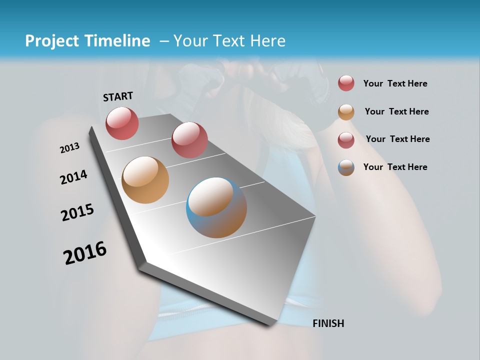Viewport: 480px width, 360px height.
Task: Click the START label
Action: pyautogui.click(x=118, y=96)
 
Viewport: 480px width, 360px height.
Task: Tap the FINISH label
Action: pyautogui.click(x=328, y=323)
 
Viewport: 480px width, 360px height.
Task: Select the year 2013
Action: pyautogui.click(x=70, y=148)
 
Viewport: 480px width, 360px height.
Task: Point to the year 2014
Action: pyautogui.click(x=74, y=177)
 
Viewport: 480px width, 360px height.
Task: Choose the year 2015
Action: pyautogui.click(x=77, y=212)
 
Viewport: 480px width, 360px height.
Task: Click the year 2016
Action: pyautogui.click(x=85, y=253)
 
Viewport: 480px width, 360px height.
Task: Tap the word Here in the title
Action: pyautogui.click(x=268, y=41)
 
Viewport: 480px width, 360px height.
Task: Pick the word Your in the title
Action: pyautogui.click(x=190, y=41)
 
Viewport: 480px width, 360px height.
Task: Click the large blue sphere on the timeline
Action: pyautogui.click(x=216, y=207)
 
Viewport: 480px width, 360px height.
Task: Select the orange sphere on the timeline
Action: pyautogui.click(x=145, y=180)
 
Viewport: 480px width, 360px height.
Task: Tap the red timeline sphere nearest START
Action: pyautogui.click(x=122, y=123)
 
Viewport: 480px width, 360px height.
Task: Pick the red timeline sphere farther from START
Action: pyautogui.click(x=189, y=139)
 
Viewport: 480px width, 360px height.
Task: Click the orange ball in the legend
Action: pyautogui.click(x=346, y=112)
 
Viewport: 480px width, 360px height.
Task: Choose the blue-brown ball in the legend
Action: pyautogui.click(x=346, y=167)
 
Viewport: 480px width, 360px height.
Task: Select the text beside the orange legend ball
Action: pyautogui.click(x=396, y=111)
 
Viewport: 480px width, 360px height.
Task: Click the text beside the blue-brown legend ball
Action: pyautogui.click(x=395, y=167)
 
